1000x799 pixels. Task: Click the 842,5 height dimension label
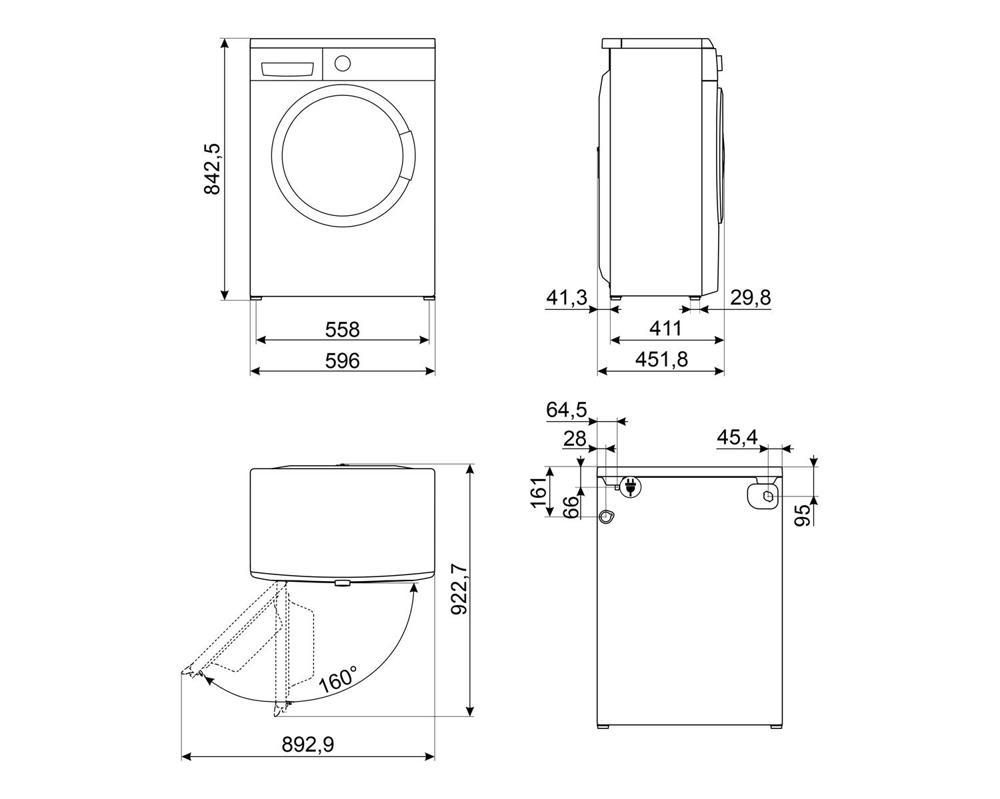(x=212, y=168)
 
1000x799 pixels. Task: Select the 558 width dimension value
(x=342, y=329)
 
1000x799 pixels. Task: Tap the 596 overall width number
(x=342, y=360)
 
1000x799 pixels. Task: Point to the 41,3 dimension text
(x=567, y=297)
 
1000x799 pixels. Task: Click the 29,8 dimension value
(x=751, y=297)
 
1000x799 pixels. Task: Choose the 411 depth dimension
(x=666, y=329)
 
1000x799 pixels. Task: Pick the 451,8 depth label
(x=662, y=360)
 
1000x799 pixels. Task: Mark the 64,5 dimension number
(x=566, y=410)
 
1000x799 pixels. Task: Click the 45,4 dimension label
(x=737, y=437)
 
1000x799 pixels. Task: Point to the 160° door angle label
(x=337, y=679)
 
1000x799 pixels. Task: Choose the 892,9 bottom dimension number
(x=307, y=744)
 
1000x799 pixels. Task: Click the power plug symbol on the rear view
(x=631, y=487)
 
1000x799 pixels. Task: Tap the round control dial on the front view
(x=342, y=62)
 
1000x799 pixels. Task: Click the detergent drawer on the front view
(x=288, y=68)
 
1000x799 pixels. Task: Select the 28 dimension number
(x=575, y=439)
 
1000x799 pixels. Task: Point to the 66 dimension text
(x=572, y=506)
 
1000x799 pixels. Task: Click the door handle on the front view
(x=406, y=156)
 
